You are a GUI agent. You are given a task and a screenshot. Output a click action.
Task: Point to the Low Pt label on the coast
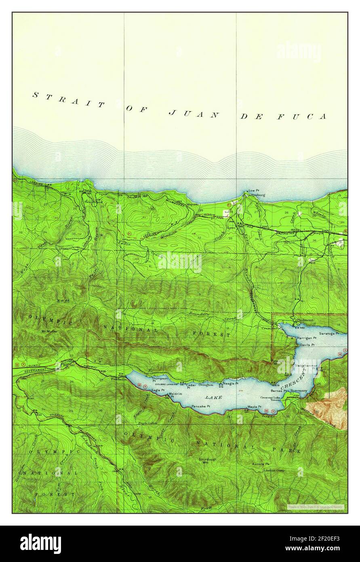253,190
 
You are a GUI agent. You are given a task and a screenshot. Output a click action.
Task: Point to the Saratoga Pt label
329,334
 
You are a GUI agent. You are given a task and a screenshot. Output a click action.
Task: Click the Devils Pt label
307,344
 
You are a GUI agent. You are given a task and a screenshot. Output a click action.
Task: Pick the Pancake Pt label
201,406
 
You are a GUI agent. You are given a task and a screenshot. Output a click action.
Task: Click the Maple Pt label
255,406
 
